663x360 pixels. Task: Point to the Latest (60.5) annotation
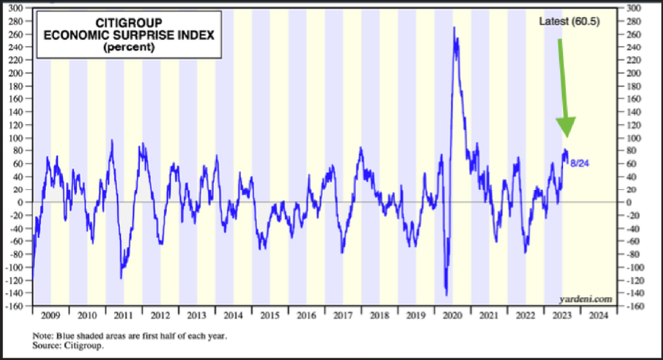(x=570, y=22)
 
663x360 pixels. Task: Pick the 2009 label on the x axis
(x=51, y=316)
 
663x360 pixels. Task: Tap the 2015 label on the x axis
(x=270, y=316)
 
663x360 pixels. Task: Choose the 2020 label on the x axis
(x=452, y=316)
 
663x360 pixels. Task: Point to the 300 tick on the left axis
(x=22, y=9)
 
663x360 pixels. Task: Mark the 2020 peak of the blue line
(x=454, y=27)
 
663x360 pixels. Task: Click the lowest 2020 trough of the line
(x=446, y=295)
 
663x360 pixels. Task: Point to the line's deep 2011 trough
(x=121, y=278)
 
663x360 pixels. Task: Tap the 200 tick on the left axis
(x=22, y=73)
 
